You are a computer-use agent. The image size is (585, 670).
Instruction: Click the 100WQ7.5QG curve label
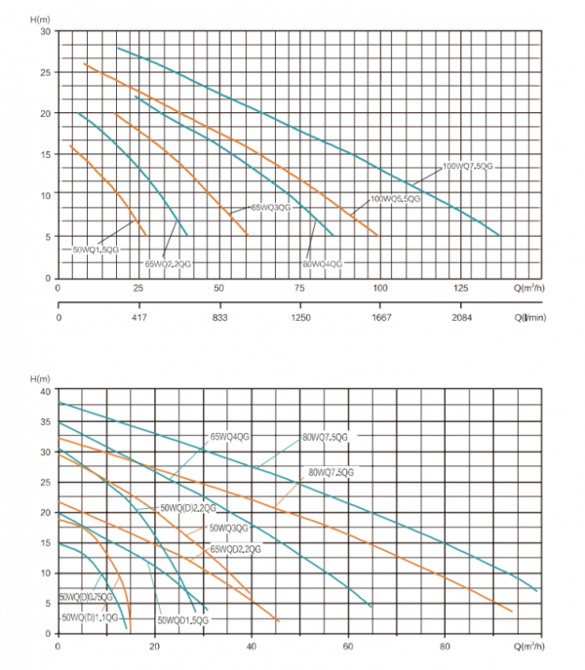pos(469,167)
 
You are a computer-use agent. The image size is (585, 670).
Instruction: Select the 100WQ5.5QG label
pos(395,199)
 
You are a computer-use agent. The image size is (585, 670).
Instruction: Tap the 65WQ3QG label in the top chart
pos(271,208)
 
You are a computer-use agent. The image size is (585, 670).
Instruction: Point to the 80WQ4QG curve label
pos(323,263)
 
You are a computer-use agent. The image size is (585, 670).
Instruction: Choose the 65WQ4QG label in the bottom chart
pos(229,437)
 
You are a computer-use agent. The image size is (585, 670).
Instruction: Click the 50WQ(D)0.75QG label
pos(86,597)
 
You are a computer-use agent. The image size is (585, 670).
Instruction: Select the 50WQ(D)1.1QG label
pos(90,617)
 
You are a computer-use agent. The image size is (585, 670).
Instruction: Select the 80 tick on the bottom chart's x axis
pos(444,648)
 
